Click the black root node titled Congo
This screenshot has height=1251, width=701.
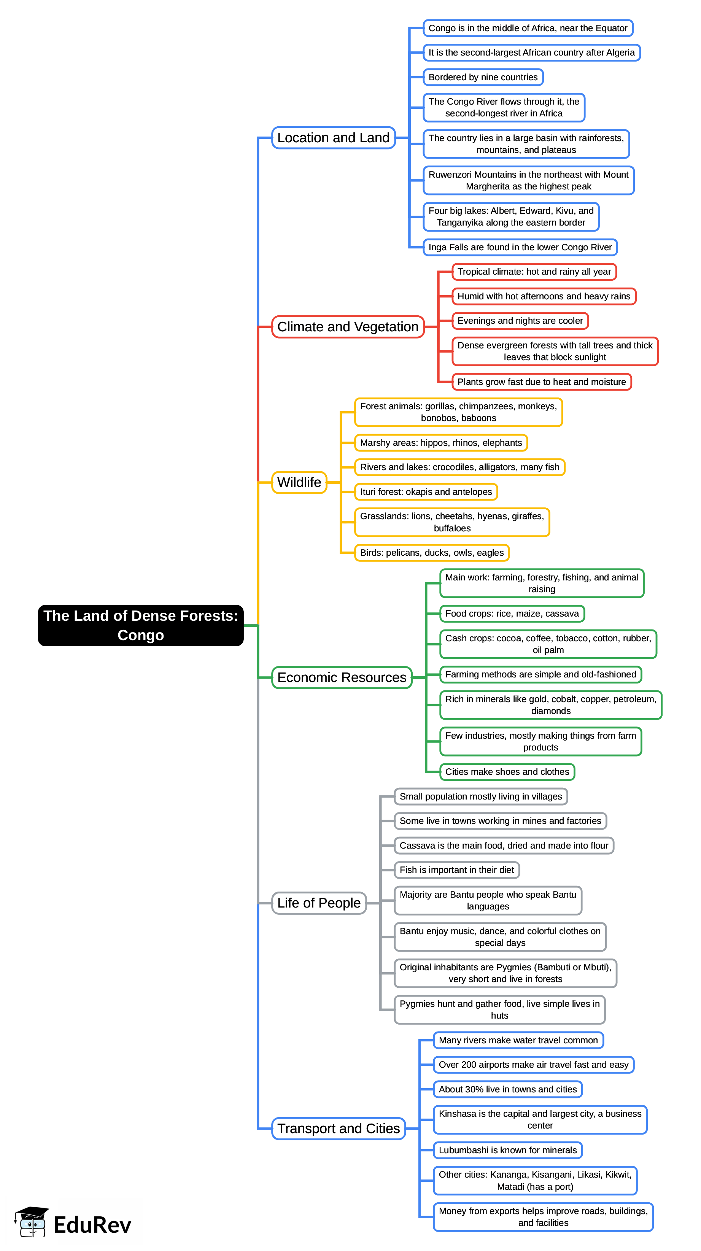[140, 625]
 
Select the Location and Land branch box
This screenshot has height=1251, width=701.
[333, 138]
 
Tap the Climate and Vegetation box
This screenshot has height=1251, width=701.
[347, 327]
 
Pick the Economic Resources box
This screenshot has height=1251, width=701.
[342, 677]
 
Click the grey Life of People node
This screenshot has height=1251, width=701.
[319, 903]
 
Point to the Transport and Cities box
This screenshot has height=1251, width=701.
[338, 1129]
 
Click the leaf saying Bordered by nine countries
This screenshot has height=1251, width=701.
[483, 77]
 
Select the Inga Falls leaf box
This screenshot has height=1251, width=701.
[520, 247]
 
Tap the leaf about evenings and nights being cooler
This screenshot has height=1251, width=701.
[520, 321]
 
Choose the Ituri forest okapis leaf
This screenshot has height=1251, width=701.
[426, 492]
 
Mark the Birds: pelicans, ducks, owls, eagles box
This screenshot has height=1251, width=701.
[431, 553]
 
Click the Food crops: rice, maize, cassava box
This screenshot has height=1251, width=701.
[512, 614]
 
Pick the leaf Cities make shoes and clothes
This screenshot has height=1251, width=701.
[507, 772]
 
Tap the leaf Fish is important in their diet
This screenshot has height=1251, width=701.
[457, 870]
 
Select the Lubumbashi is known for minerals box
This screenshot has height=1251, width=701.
[508, 1151]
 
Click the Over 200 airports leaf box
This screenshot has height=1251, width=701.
[533, 1065]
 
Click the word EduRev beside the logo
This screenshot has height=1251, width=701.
[92, 1225]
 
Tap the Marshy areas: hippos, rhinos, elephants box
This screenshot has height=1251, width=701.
[440, 443]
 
